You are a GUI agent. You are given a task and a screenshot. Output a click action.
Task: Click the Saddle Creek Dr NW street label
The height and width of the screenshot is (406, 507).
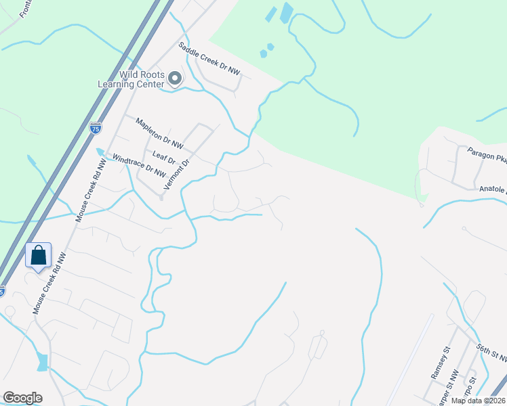click(x=209, y=58)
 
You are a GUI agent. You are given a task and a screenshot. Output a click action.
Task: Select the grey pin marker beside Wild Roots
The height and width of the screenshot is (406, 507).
click(x=175, y=79)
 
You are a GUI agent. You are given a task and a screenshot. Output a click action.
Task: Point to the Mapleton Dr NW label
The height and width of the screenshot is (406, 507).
click(x=159, y=133)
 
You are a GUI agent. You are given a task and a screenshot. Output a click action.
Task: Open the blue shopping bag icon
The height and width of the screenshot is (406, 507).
click(x=39, y=256)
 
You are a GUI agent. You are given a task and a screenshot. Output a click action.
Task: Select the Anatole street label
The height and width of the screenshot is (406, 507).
click(x=492, y=190)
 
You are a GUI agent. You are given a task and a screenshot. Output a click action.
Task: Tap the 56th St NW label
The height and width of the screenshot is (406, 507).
click(x=491, y=353)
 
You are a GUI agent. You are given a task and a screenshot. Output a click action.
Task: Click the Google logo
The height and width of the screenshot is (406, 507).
click(x=22, y=398)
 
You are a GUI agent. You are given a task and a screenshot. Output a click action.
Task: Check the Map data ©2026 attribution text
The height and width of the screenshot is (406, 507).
click(x=478, y=401)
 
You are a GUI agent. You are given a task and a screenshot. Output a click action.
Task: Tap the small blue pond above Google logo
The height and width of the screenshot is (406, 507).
click(x=43, y=362)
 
